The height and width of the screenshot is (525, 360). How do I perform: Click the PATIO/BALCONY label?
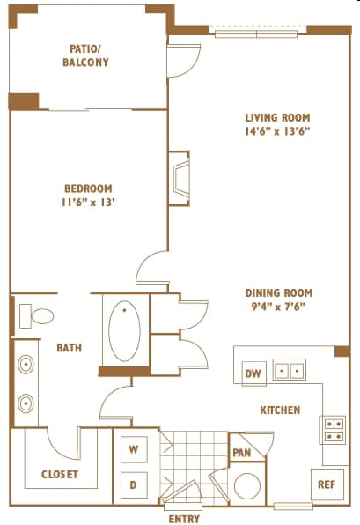pos(85,55)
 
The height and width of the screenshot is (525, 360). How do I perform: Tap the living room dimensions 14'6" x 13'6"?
pos(277,131)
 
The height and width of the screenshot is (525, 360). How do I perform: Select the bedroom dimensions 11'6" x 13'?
pos(88,203)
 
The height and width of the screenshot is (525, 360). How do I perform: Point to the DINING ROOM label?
pos(279,293)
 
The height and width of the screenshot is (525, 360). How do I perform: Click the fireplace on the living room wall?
pos(180,179)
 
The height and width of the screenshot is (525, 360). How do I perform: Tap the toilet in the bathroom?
pos(36,315)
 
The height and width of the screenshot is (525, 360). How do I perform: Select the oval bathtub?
pos(124,331)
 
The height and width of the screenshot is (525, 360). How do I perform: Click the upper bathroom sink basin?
pos(26,365)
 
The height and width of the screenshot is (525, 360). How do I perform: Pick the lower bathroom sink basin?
pos(26,403)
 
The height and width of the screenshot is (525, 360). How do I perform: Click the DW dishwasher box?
pos(254,373)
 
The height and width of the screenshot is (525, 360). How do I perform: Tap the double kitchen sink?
pos(289,370)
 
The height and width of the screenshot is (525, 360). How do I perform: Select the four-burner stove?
pos(332,430)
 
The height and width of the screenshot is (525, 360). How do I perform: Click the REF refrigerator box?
pos(327,484)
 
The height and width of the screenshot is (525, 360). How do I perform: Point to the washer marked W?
pos(134,449)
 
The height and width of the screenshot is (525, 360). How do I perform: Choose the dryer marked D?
pos(134,485)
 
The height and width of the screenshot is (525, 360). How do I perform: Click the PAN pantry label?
pos(242,453)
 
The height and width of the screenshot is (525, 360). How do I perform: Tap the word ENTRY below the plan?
pos(184,519)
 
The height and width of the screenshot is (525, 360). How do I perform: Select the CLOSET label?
pos(60,474)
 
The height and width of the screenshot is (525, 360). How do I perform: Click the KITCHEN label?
pos(281,410)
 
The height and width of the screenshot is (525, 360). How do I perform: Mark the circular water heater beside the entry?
pos(247,486)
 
